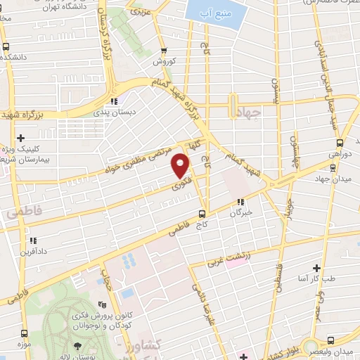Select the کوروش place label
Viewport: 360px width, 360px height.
(x=164, y=61)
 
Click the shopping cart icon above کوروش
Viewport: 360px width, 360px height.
(x=164, y=50)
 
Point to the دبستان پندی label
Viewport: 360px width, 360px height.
(x=114, y=111)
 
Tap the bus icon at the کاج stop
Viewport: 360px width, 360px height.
(x=202, y=213)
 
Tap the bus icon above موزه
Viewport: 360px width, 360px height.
(x=25, y=333)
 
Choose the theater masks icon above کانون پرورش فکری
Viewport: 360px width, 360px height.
(x=103, y=304)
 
